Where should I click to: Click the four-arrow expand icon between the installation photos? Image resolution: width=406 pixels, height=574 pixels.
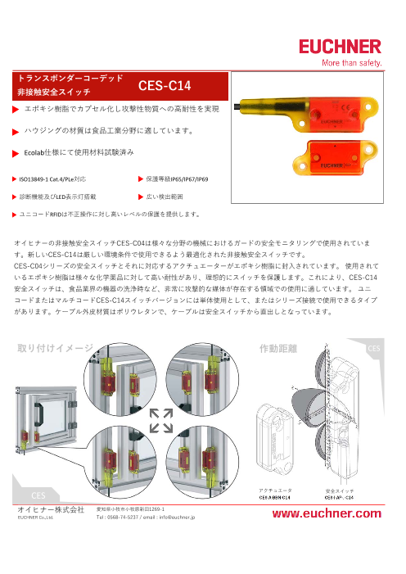[160, 419]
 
